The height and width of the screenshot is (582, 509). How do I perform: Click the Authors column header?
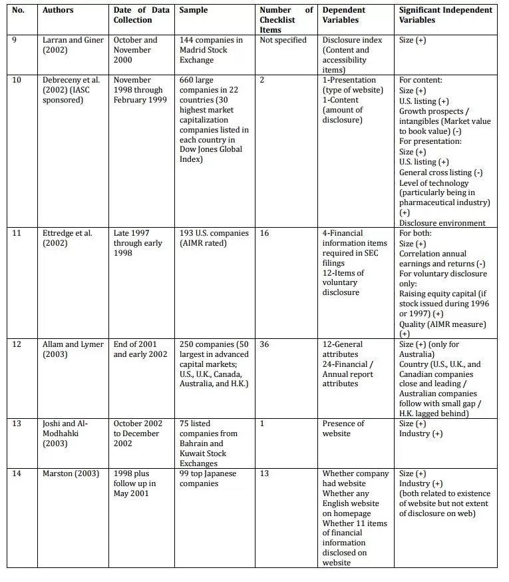coord(58,11)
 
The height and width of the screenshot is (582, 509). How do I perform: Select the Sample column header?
coord(194,11)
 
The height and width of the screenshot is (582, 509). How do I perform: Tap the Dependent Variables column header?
coord(344,15)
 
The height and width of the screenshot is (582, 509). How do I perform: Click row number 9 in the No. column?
coord(16,40)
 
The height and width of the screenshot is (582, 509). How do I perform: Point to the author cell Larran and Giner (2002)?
coord(73,45)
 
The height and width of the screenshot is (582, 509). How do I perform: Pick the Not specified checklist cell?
coord(283,40)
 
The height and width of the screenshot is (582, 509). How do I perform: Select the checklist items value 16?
coord(265,234)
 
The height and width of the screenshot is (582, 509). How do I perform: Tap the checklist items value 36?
coord(265,344)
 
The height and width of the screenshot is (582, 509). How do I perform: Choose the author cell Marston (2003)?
coord(71,474)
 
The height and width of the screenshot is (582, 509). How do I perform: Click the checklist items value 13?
coord(265,474)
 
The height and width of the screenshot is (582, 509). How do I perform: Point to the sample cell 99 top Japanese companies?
coord(208,479)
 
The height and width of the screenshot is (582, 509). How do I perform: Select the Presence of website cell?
coord(343,429)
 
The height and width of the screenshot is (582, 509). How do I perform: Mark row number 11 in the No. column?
coord(17,234)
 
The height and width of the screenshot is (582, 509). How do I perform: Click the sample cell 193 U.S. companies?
coord(214,238)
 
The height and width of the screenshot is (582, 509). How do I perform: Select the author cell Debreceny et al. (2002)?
coord(72,90)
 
